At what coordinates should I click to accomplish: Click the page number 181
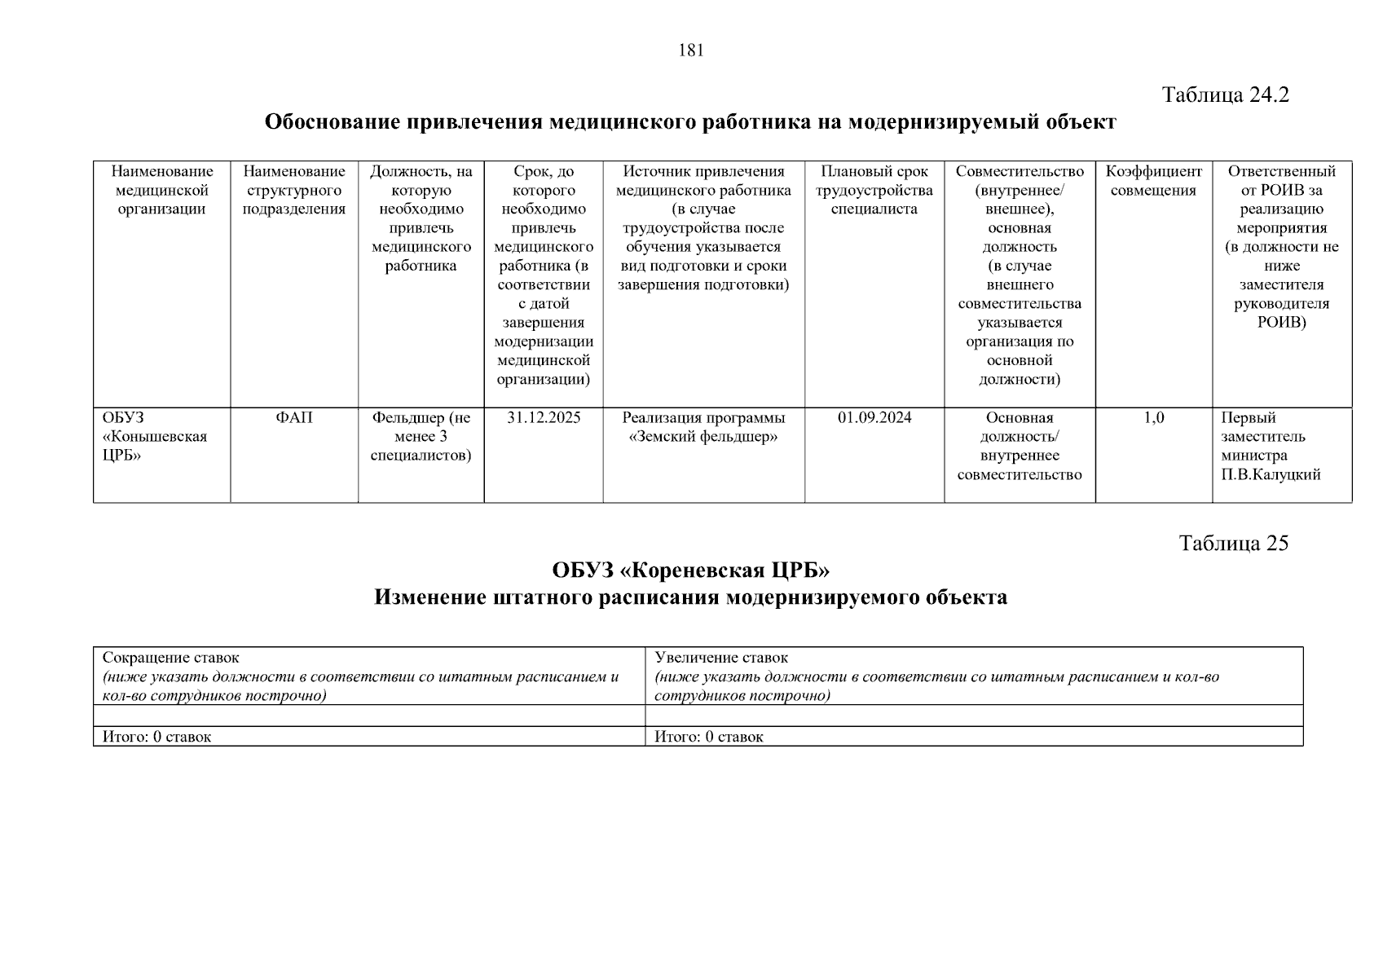[691, 51]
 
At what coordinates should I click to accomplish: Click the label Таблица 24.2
[1225, 95]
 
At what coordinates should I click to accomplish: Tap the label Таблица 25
[1233, 543]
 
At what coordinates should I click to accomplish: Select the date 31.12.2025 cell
[544, 418]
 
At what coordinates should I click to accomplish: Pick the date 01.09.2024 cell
[874, 418]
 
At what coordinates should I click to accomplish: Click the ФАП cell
[294, 418]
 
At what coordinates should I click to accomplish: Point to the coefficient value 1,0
[1153, 418]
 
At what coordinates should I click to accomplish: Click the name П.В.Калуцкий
[1271, 475]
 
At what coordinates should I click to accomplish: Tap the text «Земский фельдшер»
[703, 437]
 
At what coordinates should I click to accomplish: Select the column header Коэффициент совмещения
[1153, 181]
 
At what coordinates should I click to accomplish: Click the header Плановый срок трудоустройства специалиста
[874, 190]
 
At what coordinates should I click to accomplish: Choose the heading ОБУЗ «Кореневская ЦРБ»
[690, 569]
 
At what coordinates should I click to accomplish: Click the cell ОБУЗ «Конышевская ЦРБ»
[155, 437]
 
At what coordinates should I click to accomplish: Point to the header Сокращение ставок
[171, 658]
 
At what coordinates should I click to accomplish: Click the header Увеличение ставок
[721, 658]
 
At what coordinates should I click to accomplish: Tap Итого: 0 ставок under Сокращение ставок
[156, 737]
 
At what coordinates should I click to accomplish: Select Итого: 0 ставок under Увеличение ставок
[709, 737]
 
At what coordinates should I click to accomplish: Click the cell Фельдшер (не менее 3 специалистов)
[421, 437]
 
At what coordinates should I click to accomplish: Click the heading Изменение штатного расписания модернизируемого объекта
[690, 597]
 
